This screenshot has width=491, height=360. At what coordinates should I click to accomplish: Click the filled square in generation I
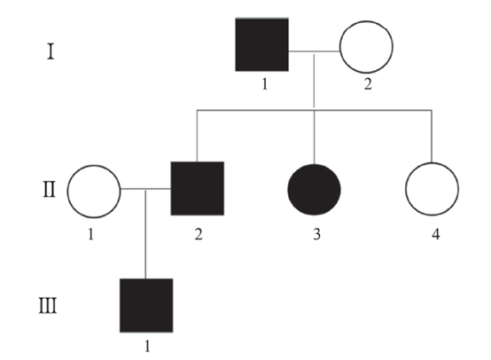coord(261,45)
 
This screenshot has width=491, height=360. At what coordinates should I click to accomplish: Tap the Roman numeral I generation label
coord(51,52)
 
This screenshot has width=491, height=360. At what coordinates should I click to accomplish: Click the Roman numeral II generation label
coord(50,190)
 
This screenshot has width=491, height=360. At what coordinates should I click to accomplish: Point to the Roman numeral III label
coord(48,306)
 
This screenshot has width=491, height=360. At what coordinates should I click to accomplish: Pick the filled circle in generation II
coord(314,190)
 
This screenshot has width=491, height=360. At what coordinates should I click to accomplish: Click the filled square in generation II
coord(198,189)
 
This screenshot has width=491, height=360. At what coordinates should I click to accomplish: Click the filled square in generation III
coord(146,306)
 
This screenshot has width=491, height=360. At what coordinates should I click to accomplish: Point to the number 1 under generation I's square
coord(265,84)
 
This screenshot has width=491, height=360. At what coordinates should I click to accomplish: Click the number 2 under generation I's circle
coord(368,84)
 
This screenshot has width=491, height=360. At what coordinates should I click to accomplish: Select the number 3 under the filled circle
coord(317,234)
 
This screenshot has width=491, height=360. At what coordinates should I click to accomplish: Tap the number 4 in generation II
coord(435,234)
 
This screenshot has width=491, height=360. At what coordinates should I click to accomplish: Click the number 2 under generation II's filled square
coord(199,234)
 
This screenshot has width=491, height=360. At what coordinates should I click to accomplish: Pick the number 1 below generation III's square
coord(147,346)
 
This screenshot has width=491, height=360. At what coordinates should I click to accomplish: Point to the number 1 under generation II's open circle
coord(90,234)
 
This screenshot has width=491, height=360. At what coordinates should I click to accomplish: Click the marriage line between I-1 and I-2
coord(314,51)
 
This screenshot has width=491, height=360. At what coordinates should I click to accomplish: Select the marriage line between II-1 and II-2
coord(145,189)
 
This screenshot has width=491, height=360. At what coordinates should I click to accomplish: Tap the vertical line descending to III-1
coord(145,234)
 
